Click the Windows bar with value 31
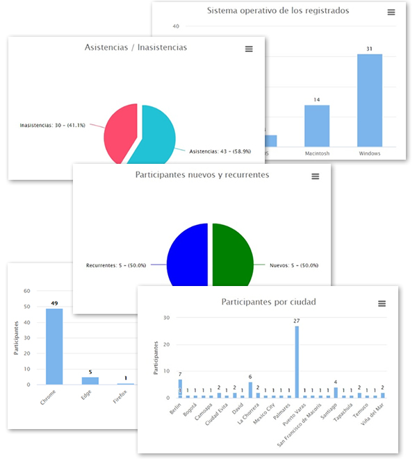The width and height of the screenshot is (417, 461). tap(370, 100)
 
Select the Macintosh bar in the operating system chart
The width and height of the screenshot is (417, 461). tap(317, 126)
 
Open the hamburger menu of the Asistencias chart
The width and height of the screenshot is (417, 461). tap(249, 49)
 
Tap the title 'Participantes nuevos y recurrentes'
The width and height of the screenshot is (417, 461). tap(202, 175)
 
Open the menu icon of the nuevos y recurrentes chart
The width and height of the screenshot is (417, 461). tap(315, 176)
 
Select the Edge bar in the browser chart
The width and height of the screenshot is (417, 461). tap(90, 380)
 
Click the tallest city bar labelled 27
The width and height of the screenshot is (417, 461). tap(297, 361)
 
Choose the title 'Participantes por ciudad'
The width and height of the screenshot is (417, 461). tap(268, 302)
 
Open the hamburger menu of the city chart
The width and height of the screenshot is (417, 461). tap(382, 303)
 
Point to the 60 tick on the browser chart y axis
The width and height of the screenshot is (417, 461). tap(27, 291)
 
